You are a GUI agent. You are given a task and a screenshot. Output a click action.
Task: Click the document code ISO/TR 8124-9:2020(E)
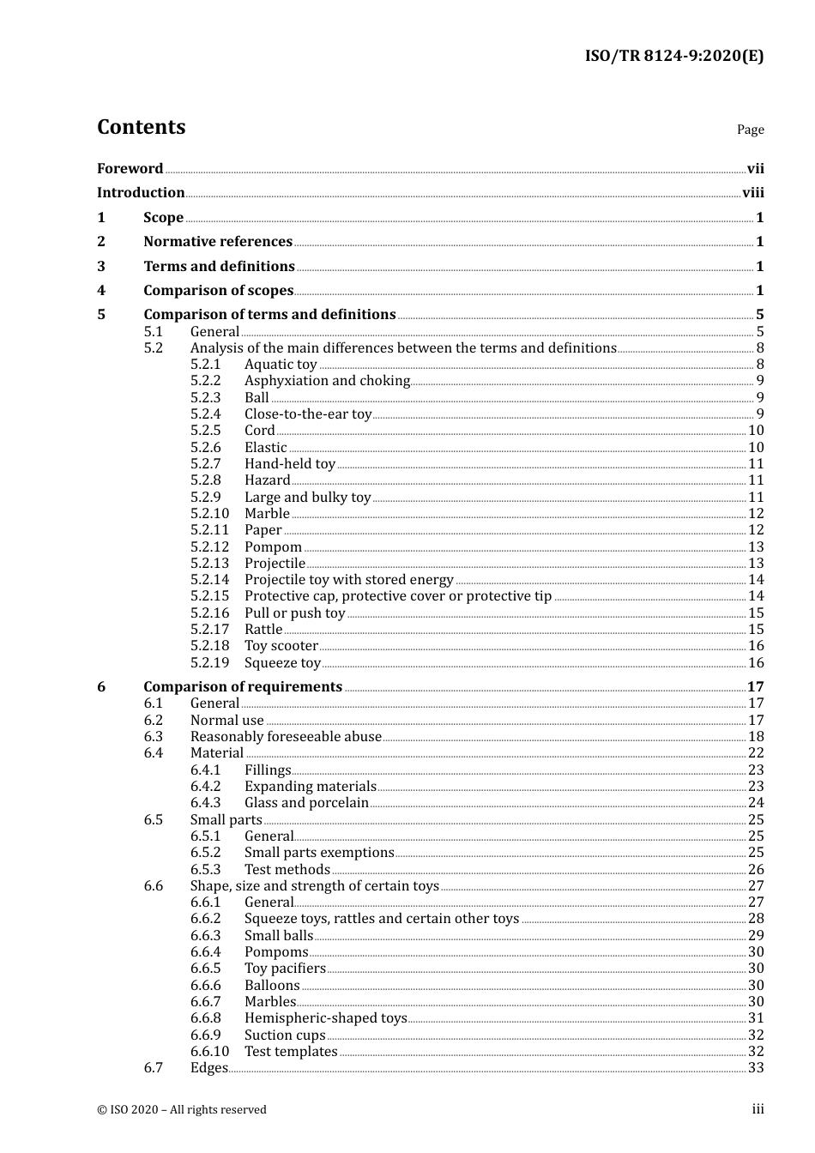click(x=673, y=57)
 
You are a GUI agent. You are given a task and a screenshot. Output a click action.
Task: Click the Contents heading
click(x=141, y=127)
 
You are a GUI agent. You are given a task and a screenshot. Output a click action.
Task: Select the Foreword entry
click(x=130, y=169)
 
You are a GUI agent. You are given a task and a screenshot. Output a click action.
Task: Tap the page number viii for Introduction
click(x=752, y=193)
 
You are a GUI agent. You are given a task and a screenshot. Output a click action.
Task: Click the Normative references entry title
click(x=218, y=242)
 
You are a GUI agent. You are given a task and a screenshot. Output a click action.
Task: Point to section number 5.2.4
click(x=205, y=414)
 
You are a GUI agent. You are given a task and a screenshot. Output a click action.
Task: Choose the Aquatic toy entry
click(x=281, y=365)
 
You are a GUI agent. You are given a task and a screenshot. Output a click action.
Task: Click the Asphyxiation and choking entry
click(x=327, y=381)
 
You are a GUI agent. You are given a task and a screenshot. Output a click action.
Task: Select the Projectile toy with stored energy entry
click(x=348, y=580)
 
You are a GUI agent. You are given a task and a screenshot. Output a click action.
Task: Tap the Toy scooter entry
click(x=281, y=646)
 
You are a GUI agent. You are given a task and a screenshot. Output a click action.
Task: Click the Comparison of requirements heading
click(x=243, y=687)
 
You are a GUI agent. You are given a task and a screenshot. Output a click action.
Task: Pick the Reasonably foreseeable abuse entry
click(x=286, y=737)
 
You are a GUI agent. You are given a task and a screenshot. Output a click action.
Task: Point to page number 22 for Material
click(x=755, y=753)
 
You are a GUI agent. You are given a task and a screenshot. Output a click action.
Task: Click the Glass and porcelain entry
click(x=306, y=803)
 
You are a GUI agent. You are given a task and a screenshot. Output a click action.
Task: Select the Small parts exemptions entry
click(x=319, y=853)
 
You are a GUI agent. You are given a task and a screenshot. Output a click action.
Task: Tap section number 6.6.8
click(x=205, y=1018)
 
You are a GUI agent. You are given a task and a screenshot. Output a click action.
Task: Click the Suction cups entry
click(x=285, y=1035)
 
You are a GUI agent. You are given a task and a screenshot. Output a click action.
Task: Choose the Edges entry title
click(x=208, y=1068)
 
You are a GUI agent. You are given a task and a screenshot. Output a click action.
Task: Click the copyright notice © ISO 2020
click(x=182, y=1110)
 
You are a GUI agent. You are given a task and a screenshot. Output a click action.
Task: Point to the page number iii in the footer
click(x=758, y=1109)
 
